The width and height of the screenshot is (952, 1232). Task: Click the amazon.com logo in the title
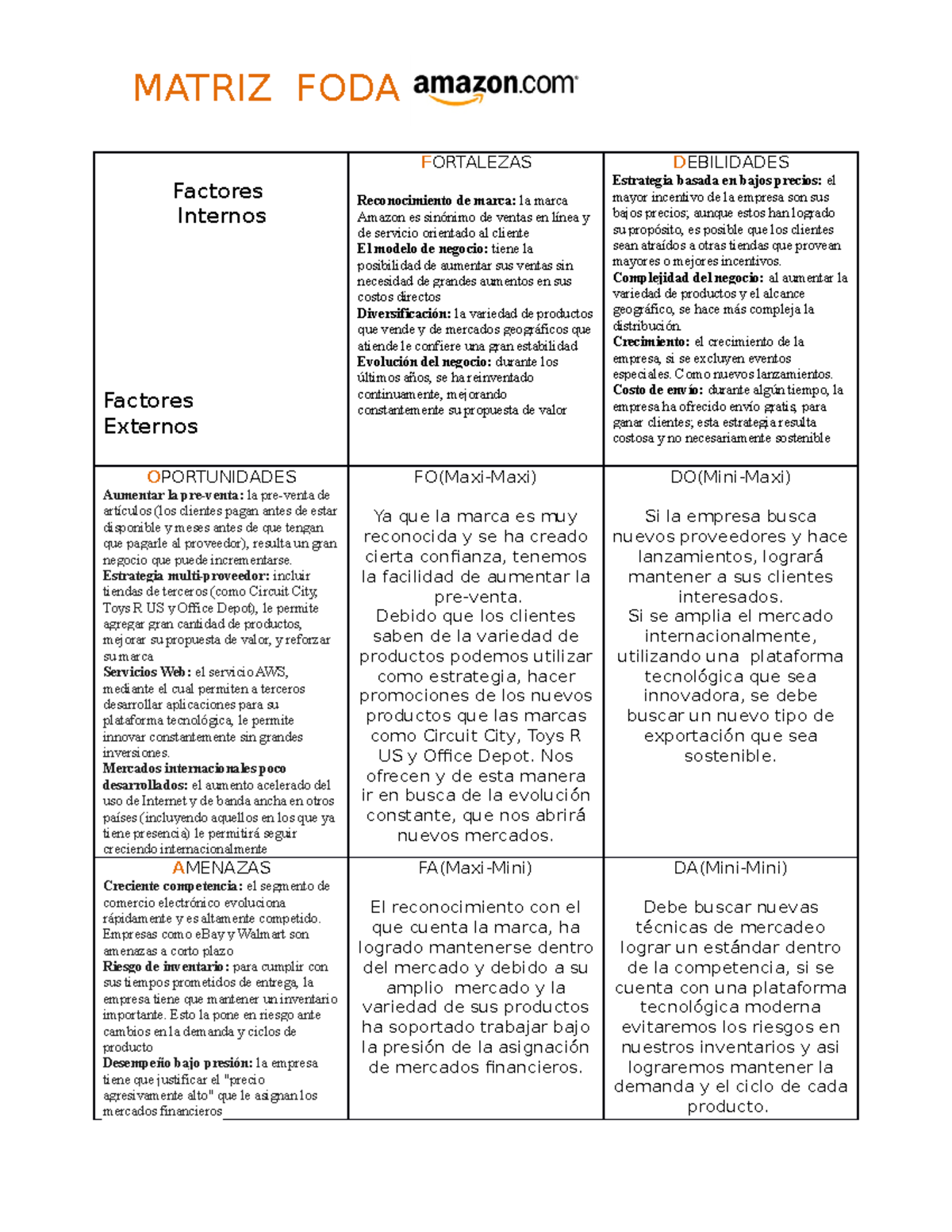click(x=495, y=87)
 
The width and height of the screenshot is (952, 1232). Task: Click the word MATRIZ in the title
click(x=202, y=88)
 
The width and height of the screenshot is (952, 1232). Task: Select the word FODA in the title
click(x=347, y=88)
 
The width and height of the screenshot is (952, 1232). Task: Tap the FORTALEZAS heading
click(x=476, y=163)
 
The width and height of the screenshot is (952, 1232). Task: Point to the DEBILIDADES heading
click(x=731, y=163)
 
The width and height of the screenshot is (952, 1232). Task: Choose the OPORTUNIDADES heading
click(x=221, y=477)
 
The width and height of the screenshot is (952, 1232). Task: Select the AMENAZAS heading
click(x=221, y=868)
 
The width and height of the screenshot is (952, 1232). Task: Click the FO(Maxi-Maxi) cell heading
click(x=475, y=477)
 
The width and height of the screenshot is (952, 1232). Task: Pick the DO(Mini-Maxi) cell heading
click(x=731, y=477)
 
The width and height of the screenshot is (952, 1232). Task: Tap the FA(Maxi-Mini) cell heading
click(x=475, y=868)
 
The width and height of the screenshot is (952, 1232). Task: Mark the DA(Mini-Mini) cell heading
click(x=731, y=868)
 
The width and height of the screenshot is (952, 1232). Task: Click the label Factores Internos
click(x=219, y=203)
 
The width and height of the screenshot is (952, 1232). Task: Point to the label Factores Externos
click(x=150, y=413)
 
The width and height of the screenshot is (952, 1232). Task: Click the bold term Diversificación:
click(x=404, y=313)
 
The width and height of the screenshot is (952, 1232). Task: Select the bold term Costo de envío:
click(x=658, y=390)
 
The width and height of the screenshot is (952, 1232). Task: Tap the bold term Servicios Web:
click(x=147, y=672)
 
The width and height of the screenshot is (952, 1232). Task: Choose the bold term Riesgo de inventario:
click(x=166, y=966)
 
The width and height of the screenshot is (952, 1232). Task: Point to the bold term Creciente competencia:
click(x=173, y=886)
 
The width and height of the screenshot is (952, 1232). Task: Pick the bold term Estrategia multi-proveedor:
click(x=186, y=576)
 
